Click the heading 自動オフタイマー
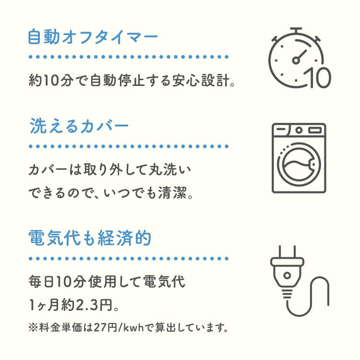point(93,37)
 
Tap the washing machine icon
point(299,158)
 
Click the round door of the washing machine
point(299,165)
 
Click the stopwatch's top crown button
point(296,30)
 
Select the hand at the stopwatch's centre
point(299,57)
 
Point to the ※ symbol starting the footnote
point(32,329)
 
